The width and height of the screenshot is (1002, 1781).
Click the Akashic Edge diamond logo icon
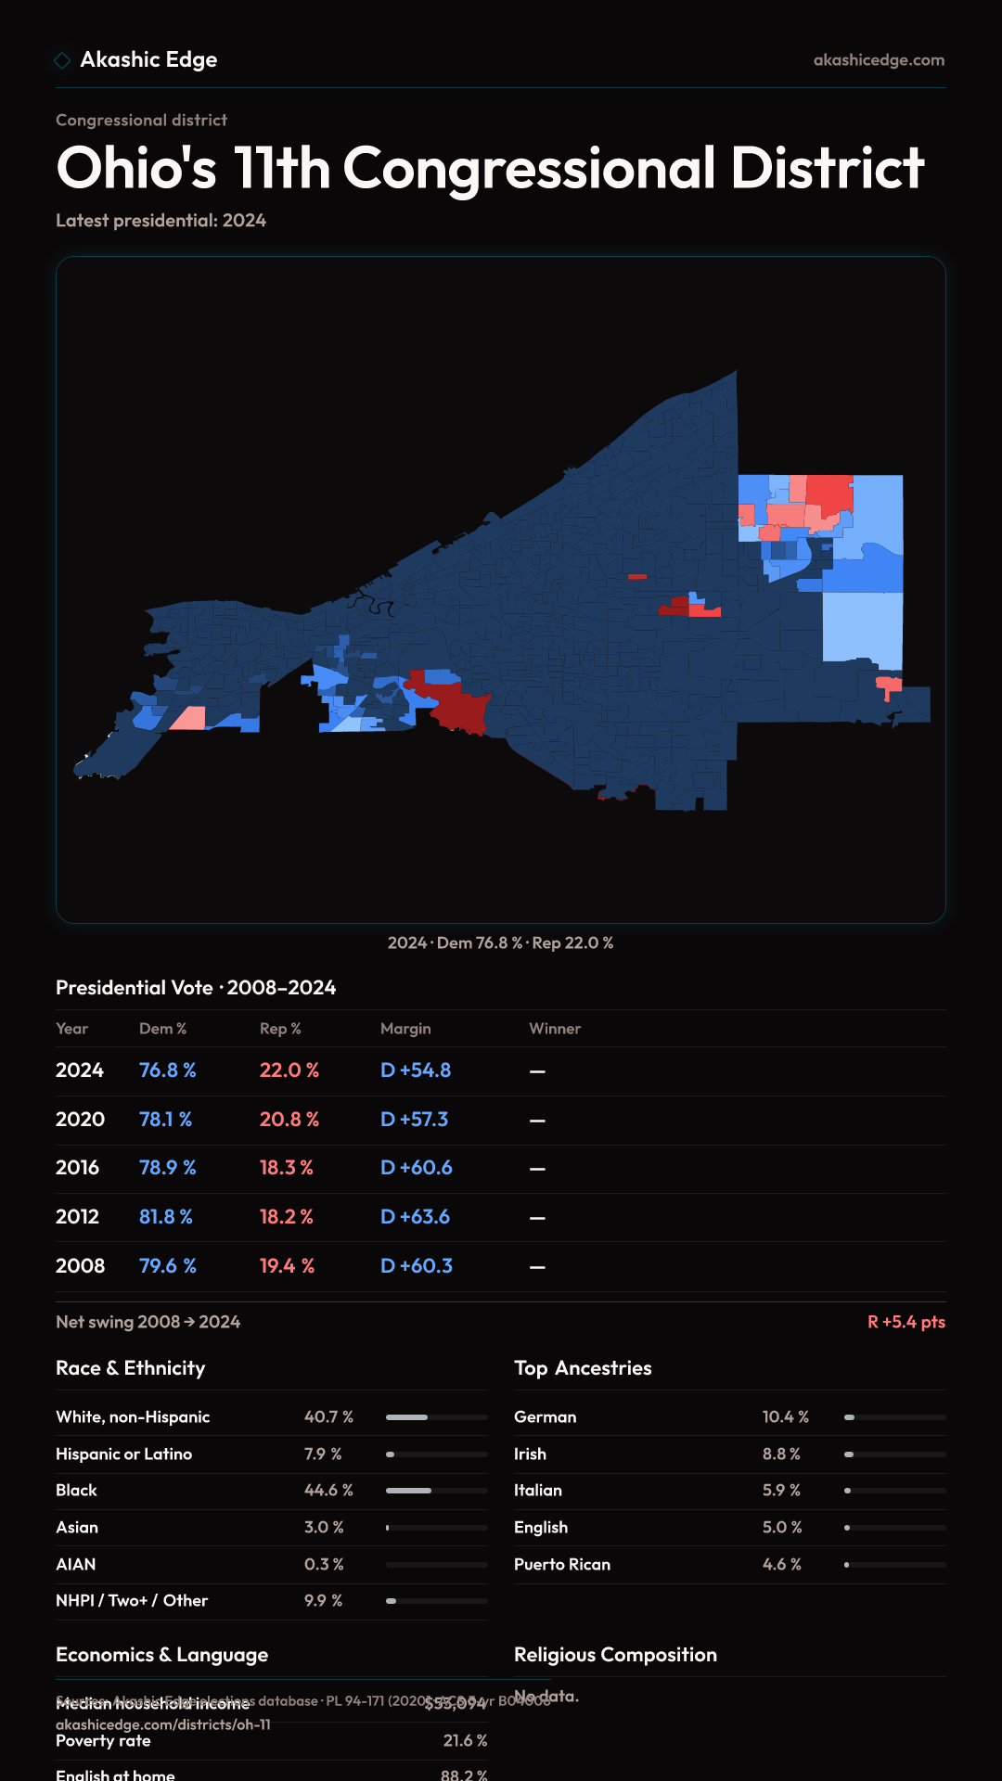62,60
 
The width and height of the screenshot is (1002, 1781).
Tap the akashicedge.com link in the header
879,60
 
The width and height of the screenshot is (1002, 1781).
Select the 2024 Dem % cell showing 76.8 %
167,1070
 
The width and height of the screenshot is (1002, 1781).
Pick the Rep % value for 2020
289,1120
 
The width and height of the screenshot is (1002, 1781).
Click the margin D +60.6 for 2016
416,1168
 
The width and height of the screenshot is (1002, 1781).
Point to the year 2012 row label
77,1217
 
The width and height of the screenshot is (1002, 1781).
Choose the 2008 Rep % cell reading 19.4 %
287,1266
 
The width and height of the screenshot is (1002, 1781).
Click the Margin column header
405,1029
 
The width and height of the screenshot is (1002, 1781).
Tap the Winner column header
555,1029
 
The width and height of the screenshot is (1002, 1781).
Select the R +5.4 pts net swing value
906,1322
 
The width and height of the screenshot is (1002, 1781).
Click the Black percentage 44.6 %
328,1491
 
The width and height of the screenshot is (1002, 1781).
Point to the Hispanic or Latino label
123,1454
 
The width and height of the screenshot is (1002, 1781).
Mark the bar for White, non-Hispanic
436,1417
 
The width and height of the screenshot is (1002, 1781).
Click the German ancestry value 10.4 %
785,1417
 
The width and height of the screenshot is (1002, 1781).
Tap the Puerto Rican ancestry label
562,1565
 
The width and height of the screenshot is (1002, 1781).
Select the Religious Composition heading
615,1655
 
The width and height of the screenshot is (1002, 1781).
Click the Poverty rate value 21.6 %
465,1741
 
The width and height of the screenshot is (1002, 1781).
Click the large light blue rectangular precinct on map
862,626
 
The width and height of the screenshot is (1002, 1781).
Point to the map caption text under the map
500,943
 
